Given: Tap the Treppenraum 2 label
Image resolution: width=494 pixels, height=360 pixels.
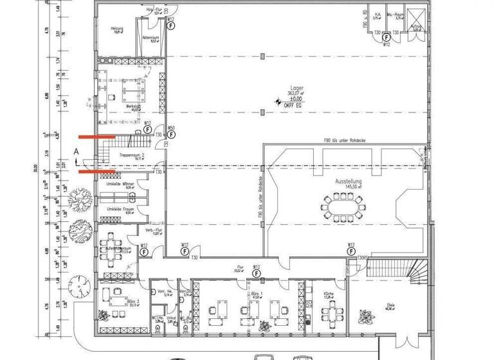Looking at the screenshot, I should point(131,155).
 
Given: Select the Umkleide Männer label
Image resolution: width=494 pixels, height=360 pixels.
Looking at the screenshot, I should point(116,185).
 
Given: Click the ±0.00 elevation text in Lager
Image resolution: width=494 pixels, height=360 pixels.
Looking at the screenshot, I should point(295,99).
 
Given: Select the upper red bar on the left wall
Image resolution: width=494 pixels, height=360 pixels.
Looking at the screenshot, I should point(96,137).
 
